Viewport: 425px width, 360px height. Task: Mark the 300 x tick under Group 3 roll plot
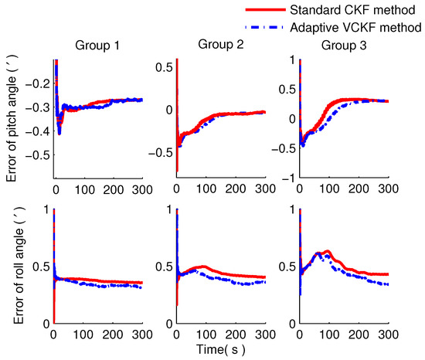pos(387,333)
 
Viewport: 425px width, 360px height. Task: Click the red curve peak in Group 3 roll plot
pos(328,251)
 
